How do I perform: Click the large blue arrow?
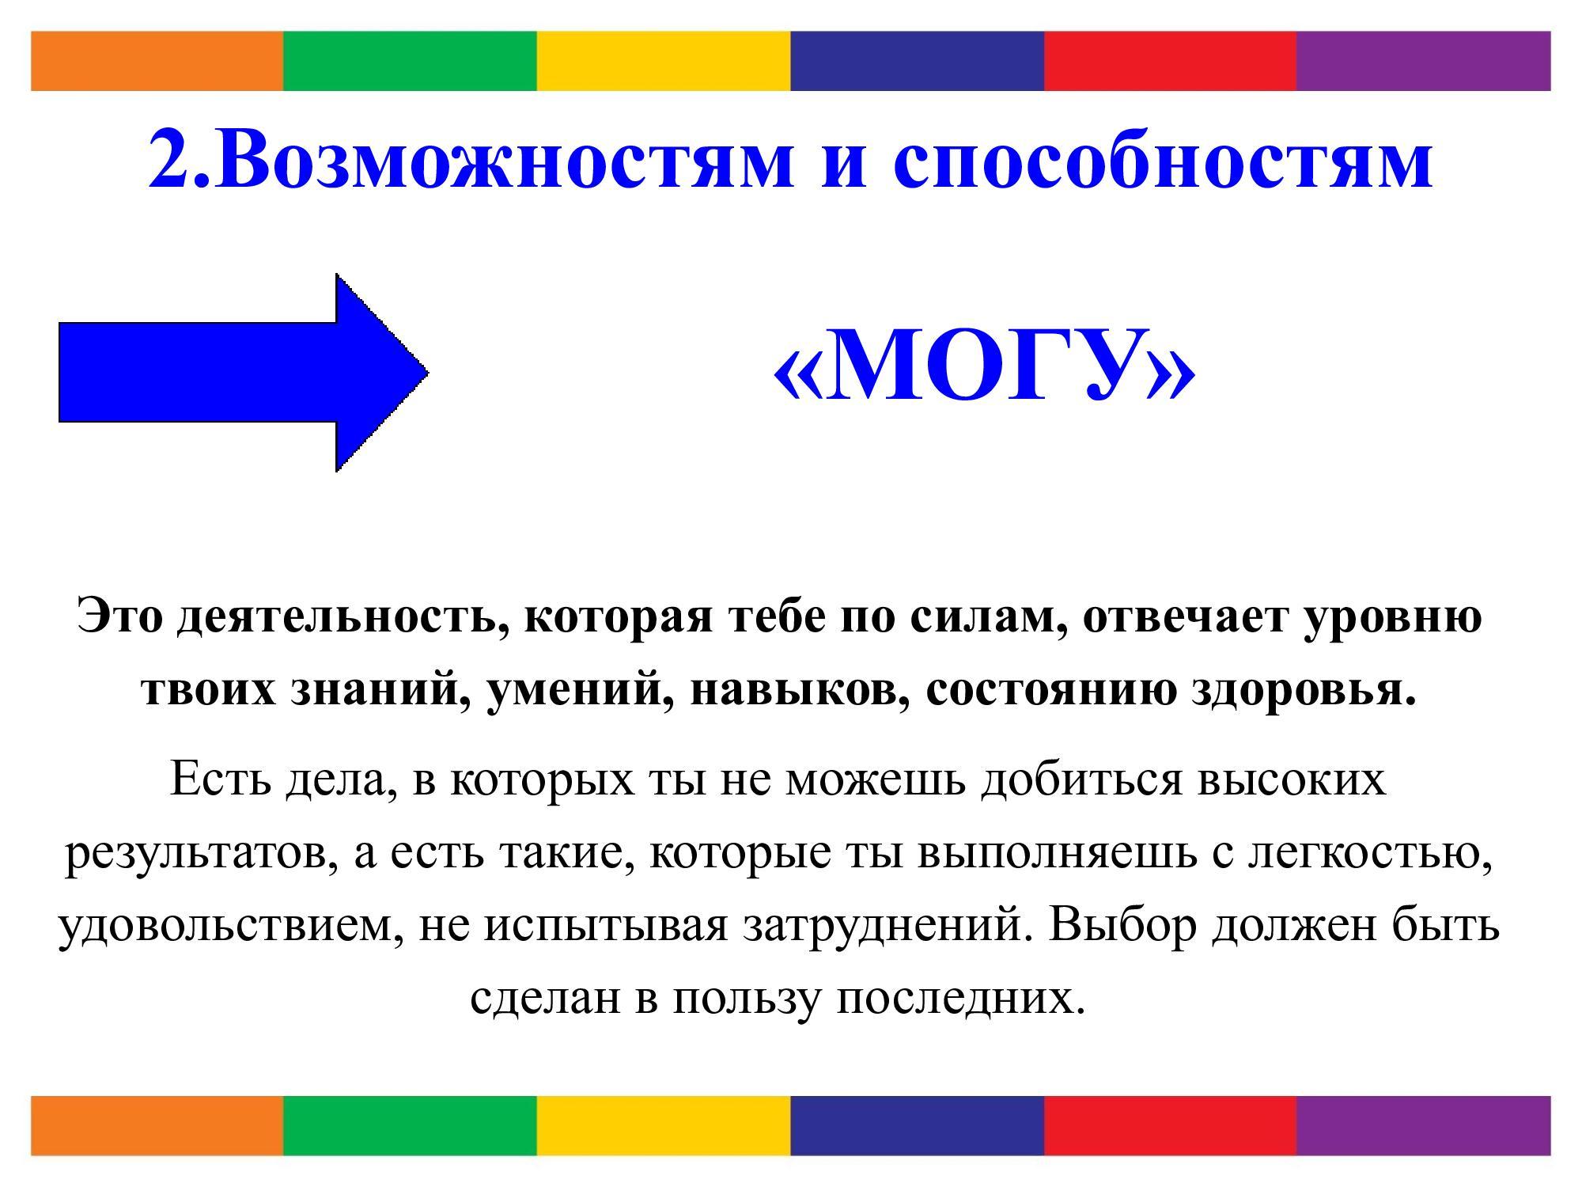[244, 373]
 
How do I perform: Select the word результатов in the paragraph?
[195, 854]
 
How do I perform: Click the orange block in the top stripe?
[157, 61]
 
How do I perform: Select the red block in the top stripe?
[1170, 61]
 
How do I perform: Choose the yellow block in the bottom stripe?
[664, 1125]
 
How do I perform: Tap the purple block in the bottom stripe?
[1423, 1125]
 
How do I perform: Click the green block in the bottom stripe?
[410, 1125]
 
